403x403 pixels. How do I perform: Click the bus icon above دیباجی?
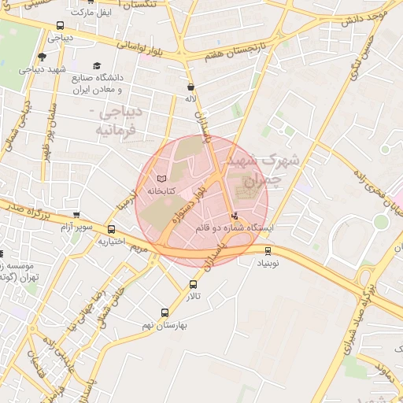61,25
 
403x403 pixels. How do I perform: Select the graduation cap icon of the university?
97,66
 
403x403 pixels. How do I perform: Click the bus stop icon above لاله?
190,87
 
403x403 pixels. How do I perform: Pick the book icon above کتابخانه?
161,179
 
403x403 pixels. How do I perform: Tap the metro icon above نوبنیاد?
269,251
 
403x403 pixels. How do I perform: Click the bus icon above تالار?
193,284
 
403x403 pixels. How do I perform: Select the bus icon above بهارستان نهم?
165,312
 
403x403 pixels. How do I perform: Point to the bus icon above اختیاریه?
111,229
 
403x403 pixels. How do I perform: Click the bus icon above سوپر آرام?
76,215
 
